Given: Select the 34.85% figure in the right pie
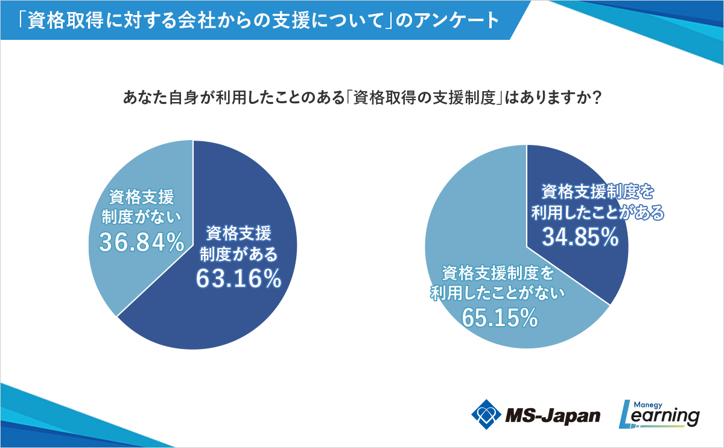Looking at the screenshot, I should tap(580, 237).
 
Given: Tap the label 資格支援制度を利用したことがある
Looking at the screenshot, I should tap(597, 202).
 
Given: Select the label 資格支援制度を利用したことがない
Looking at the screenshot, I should tap(498, 284).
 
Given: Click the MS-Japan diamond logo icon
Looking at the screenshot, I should tap(486, 414).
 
